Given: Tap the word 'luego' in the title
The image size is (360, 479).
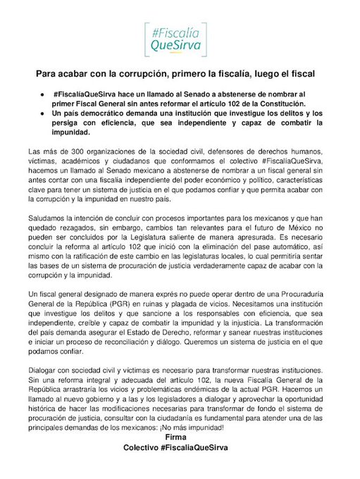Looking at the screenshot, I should (x=266, y=73).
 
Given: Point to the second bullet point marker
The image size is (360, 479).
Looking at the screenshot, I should (x=43, y=113).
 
